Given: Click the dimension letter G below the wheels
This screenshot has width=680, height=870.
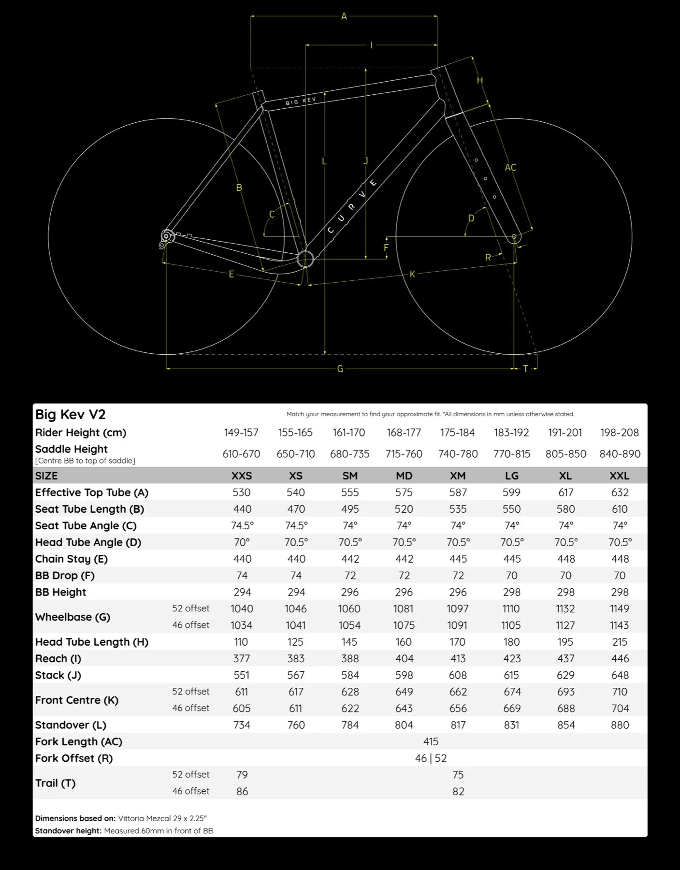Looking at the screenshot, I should (340, 369).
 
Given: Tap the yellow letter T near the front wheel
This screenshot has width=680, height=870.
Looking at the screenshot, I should (526, 369).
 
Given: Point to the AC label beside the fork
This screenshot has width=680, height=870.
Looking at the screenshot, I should (510, 167).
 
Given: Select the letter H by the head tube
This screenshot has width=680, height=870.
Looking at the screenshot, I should (480, 80).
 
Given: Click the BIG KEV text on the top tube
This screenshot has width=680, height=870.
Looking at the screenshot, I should (301, 101).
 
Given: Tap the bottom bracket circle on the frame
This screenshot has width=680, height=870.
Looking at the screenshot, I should (305, 259).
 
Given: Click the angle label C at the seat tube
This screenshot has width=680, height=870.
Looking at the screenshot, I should (272, 214).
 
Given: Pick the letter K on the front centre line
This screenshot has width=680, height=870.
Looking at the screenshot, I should (412, 274).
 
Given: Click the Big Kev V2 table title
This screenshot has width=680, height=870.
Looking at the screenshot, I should (71, 414).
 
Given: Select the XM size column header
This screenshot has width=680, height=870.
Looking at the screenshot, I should (458, 476).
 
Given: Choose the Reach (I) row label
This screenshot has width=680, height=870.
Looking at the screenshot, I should (58, 658).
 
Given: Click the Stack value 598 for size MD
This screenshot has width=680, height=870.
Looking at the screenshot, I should (404, 675).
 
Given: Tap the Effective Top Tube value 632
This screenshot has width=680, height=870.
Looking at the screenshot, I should (620, 492).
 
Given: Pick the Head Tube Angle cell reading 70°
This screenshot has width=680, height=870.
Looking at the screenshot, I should (242, 542).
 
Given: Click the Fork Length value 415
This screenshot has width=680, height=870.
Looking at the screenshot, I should (431, 741).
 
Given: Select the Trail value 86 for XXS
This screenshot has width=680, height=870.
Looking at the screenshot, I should (242, 791).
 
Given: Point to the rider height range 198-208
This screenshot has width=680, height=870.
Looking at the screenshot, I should (619, 433).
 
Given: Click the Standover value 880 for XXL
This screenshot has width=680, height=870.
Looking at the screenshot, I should (620, 725).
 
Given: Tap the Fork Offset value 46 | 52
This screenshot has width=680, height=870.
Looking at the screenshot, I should (431, 758).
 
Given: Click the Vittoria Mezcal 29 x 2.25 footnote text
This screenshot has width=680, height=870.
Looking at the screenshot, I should (162, 818).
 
